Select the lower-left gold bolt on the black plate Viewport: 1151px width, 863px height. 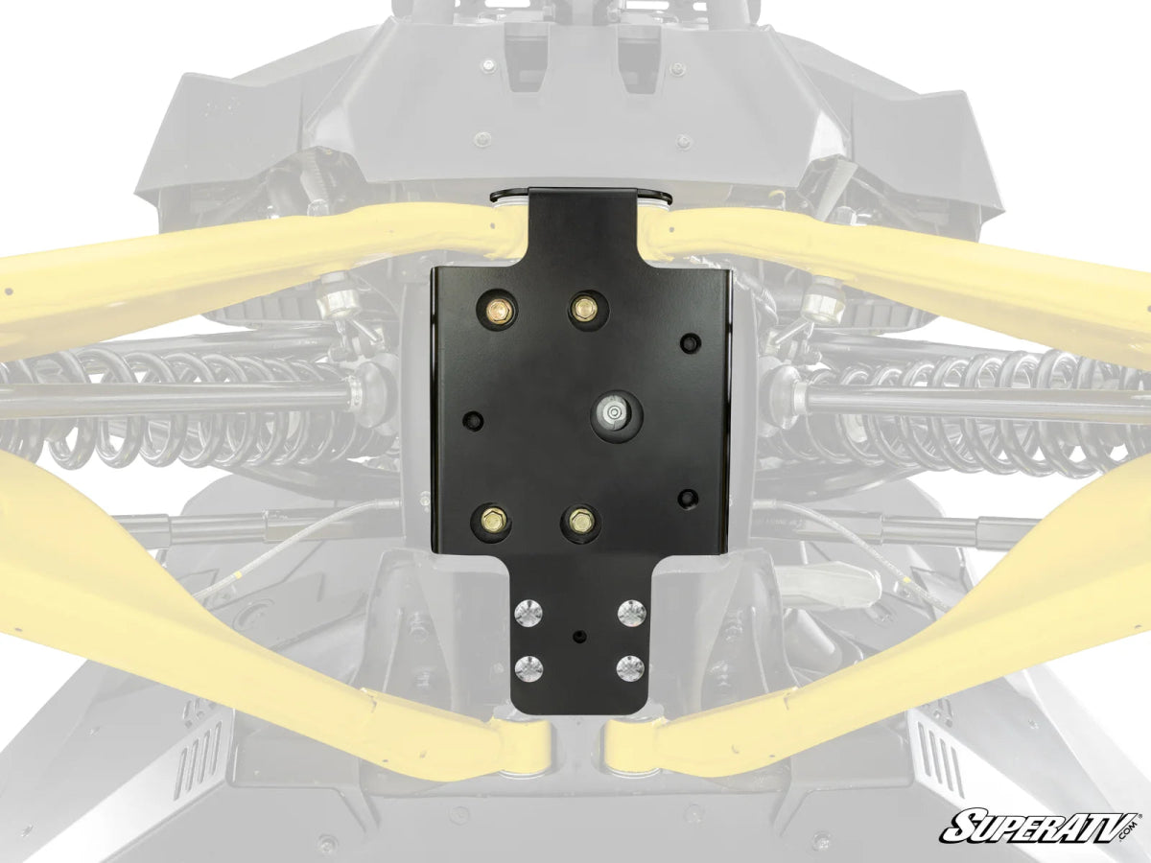490,521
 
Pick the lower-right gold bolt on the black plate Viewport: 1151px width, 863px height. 579,521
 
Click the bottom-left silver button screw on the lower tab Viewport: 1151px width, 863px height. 529,667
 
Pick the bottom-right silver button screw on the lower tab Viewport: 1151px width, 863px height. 629,667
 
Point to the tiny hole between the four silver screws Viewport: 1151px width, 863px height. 578,637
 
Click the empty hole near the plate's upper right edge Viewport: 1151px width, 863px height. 688,342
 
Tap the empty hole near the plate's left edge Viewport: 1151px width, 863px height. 471,421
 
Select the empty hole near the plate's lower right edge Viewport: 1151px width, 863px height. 687,497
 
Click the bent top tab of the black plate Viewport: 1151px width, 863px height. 582,206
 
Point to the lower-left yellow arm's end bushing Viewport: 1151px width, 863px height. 526,747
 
